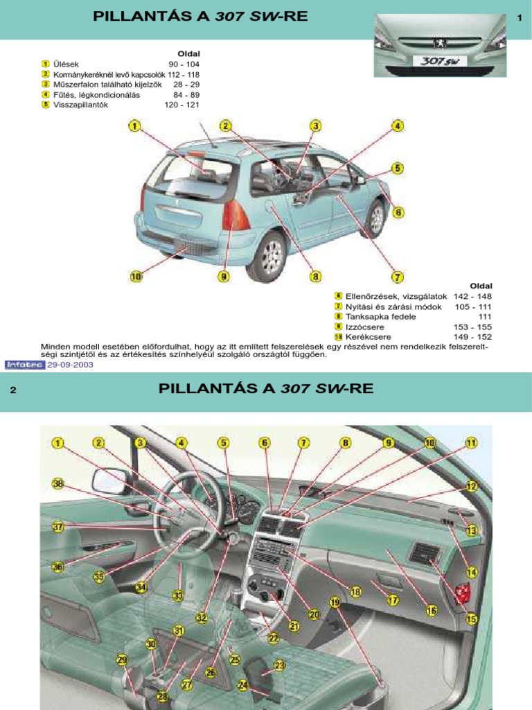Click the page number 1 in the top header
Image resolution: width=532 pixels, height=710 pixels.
(x=519, y=18)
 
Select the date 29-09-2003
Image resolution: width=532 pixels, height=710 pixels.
(x=70, y=364)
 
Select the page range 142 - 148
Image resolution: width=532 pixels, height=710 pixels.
(x=472, y=296)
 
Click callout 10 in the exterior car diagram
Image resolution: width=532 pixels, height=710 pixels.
(x=136, y=277)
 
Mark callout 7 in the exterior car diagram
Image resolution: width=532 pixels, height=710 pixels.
(x=398, y=277)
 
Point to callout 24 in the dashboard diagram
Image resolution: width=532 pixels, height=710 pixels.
(x=243, y=685)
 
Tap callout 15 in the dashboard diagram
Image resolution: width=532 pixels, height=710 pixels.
(x=472, y=619)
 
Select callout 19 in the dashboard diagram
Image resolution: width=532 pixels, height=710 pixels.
(x=335, y=603)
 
